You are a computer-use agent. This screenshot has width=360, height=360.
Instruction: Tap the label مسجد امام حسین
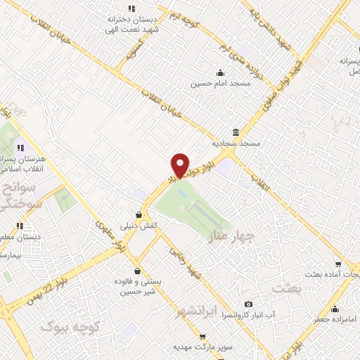(x=219, y=84)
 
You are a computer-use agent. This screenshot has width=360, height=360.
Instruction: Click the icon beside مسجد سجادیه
(x=235, y=132)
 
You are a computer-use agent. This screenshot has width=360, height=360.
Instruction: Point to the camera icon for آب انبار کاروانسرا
(x=247, y=304)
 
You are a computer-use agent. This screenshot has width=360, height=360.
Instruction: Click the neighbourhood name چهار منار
(x=235, y=239)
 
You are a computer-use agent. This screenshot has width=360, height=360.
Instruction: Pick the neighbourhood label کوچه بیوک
(x=72, y=326)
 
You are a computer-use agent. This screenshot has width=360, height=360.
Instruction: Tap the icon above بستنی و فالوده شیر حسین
(x=137, y=271)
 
